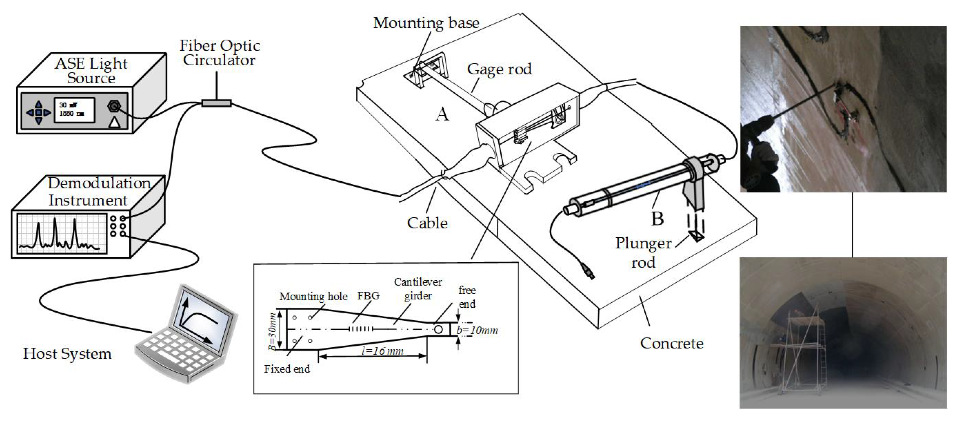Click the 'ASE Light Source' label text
(x=91, y=71)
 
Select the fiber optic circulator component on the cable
(x=217, y=103)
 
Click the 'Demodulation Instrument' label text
(x=99, y=192)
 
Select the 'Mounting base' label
(x=426, y=23)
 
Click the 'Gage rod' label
(x=499, y=69)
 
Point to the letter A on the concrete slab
(x=442, y=114)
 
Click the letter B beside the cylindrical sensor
(x=657, y=218)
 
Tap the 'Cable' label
(x=427, y=223)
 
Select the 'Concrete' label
(x=671, y=343)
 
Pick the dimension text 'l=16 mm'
(x=382, y=351)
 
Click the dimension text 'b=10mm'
(x=477, y=330)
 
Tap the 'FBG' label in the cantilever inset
(x=368, y=296)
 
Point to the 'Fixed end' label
(x=287, y=369)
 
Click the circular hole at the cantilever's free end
(x=438, y=329)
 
